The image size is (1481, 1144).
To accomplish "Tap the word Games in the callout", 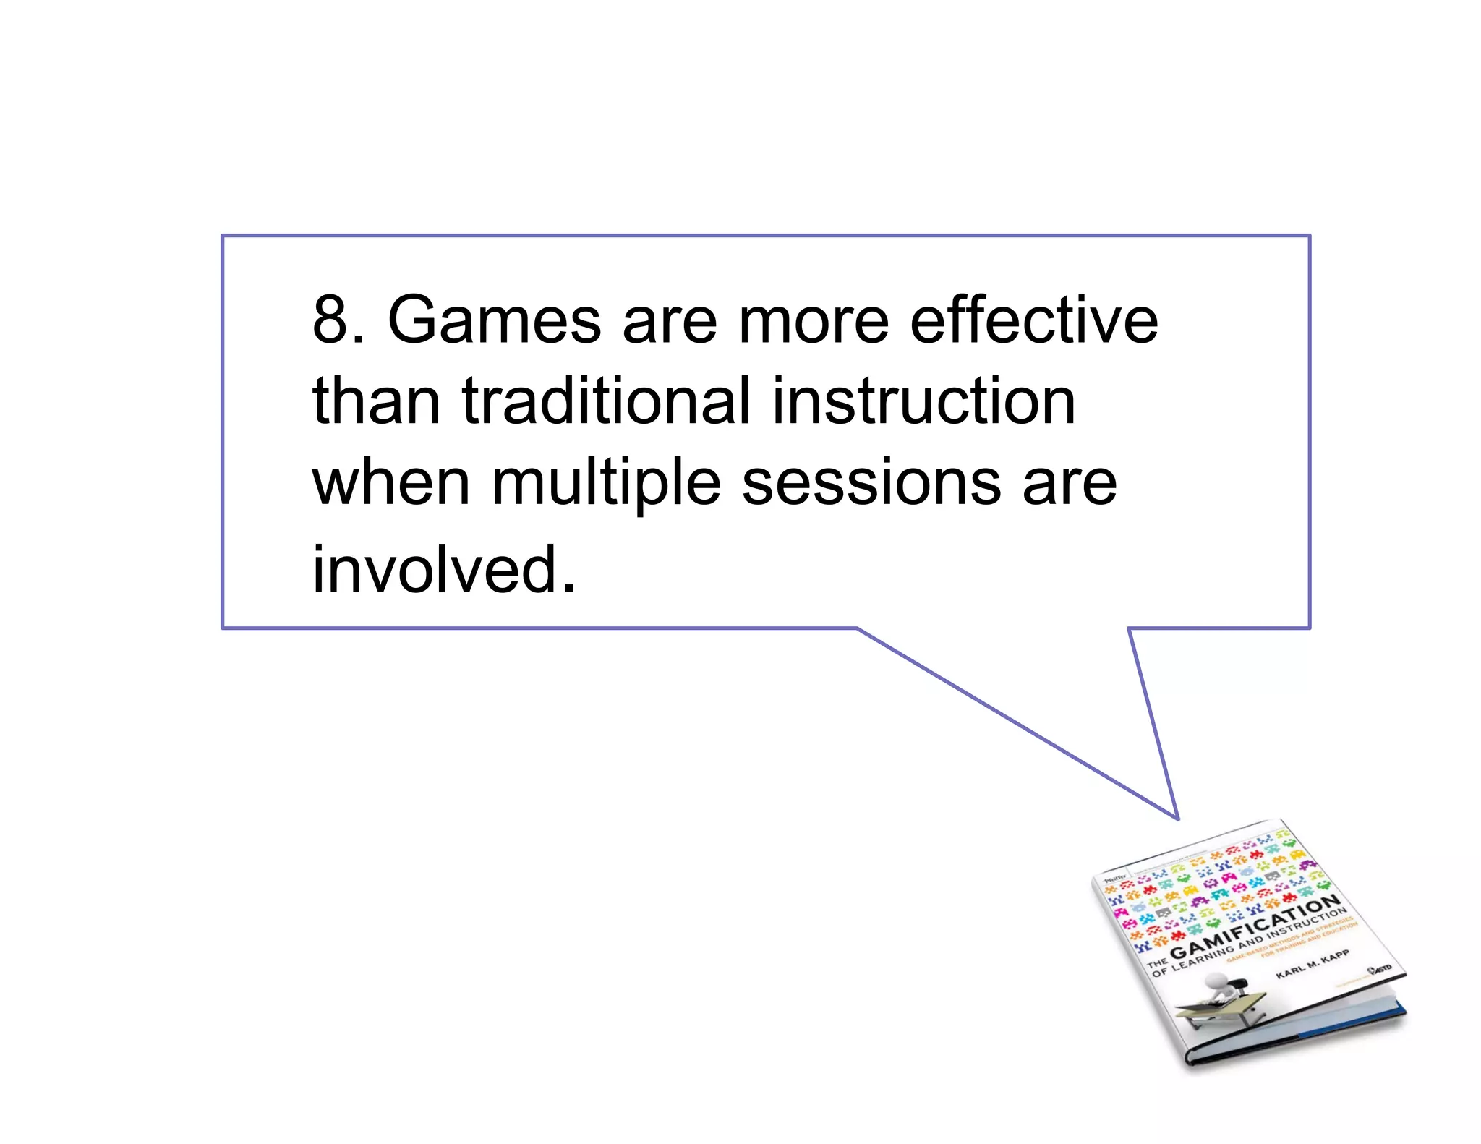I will pos(494,320).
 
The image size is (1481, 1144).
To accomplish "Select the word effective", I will pos(1033,320).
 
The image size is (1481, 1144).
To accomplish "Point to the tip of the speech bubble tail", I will pos(1178,819).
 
